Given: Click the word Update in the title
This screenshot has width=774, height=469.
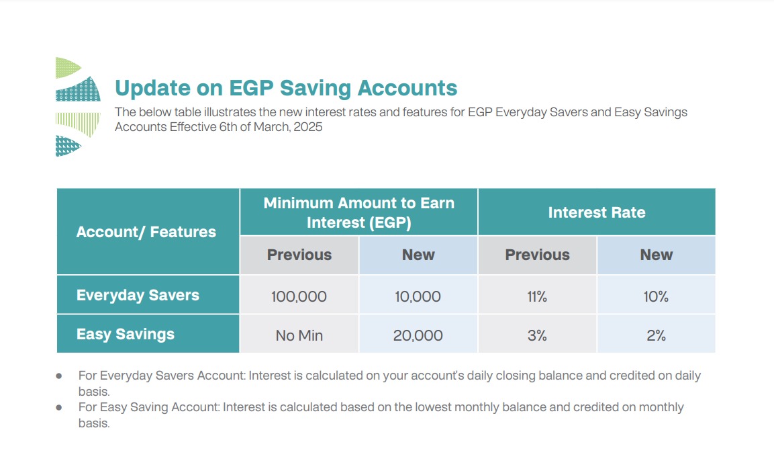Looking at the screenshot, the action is (x=152, y=88).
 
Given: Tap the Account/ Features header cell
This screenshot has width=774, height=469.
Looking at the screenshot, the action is (x=148, y=231).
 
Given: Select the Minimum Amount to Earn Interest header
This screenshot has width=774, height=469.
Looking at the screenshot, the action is (x=359, y=212).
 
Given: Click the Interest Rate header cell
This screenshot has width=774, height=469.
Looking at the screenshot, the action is (x=597, y=212).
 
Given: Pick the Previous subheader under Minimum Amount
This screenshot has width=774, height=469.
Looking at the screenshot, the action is (x=299, y=255).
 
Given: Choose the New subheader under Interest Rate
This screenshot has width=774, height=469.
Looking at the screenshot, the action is (x=656, y=255).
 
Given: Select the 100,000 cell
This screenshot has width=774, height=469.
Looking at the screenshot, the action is (x=299, y=296).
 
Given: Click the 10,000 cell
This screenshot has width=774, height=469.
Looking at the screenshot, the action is (x=418, y=296).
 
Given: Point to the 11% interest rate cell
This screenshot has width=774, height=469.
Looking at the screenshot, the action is (x=537, y=296).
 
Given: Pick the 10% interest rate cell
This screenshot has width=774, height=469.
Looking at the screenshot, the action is (x=656, y=296).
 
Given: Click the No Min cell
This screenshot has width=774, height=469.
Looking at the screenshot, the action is (x=299, y=335).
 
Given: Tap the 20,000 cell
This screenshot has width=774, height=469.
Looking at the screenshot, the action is (x=418, y=335).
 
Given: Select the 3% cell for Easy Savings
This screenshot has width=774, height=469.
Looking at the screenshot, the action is (x=537, y=335).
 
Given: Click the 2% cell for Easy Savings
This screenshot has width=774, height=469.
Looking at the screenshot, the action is (x=656, y=335).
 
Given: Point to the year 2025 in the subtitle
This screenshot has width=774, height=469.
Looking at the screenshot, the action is (x=308, y=127).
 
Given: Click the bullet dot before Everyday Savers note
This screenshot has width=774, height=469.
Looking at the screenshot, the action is (x=59, y=376).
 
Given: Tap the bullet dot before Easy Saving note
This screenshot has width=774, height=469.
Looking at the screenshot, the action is (x=59, y=408).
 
